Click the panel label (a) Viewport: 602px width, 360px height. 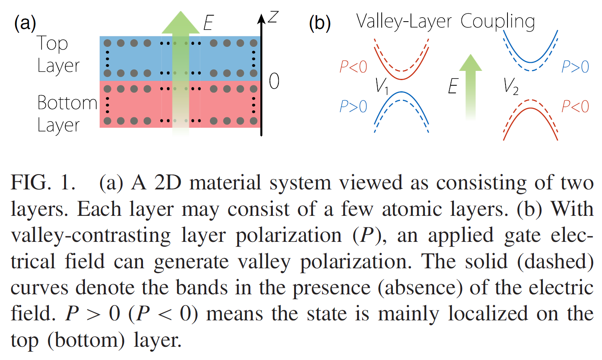(25, 23)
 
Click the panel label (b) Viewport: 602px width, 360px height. (320, 23)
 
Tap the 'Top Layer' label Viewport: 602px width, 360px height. (58, 54)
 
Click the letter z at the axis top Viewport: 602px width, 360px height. (273, 17)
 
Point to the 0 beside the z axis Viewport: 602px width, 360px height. (274, 81)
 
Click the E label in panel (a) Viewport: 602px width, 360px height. (208, 23)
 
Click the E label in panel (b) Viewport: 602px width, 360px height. (453, 86)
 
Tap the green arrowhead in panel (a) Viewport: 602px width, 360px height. (181, 23)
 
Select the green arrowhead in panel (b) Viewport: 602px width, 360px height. (470, 63)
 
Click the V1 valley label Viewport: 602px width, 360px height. (381, 86)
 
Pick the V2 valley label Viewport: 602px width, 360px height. (511, 86)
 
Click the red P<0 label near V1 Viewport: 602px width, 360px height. (353, 66)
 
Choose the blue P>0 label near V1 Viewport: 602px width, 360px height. (353, 107)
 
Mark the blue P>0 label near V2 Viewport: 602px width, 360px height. (575, 66)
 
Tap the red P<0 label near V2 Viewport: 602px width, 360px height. (575, 107)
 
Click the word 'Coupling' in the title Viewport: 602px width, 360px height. (497, 22)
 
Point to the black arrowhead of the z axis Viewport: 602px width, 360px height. (261, 19)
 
